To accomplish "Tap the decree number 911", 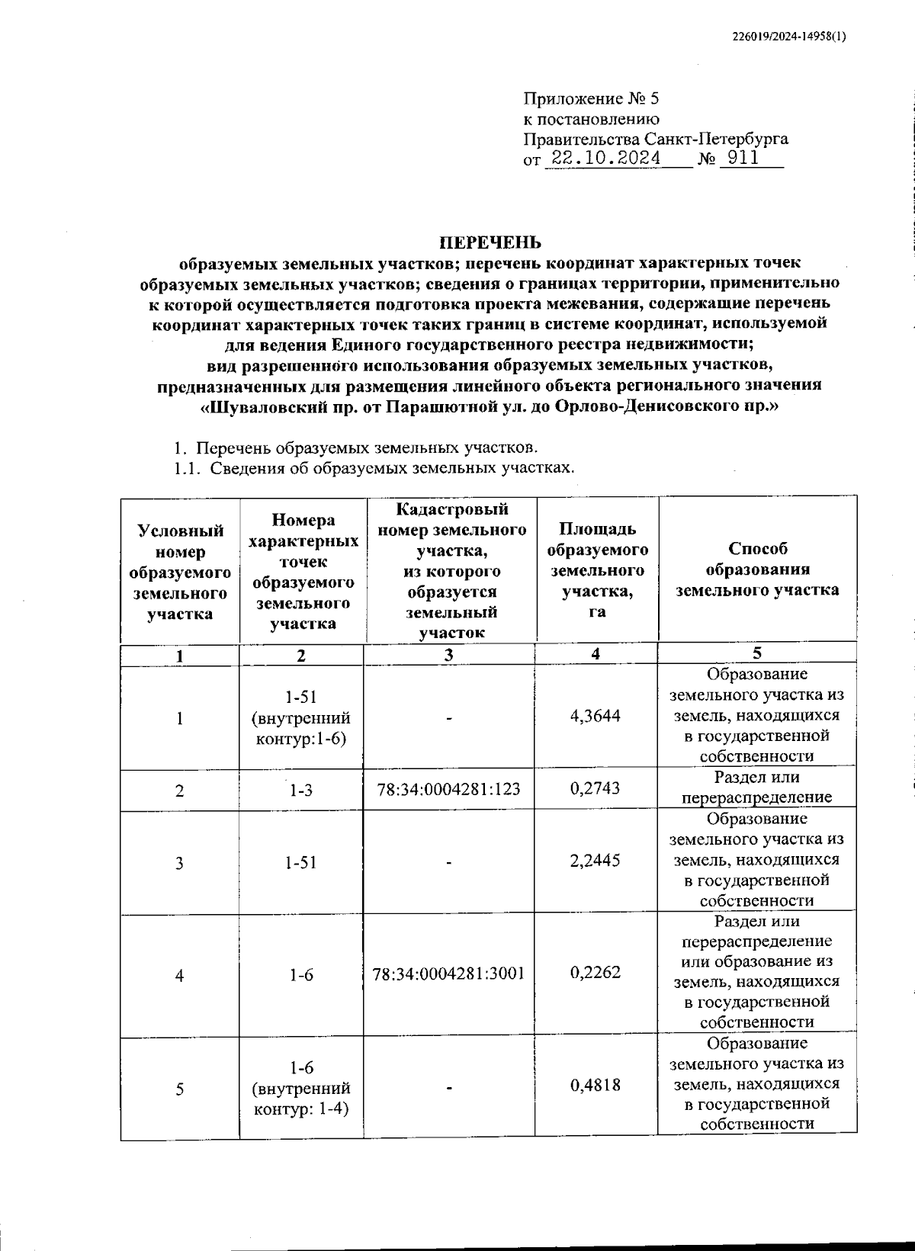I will pos(743,159).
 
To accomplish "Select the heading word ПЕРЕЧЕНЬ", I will pos(490,242).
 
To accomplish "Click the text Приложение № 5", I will pos(590,99).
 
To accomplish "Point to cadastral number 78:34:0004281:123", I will pos(449,789).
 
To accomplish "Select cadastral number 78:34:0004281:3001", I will pos(449,974).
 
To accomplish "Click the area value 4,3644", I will pos(596,716).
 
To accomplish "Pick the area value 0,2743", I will pos(596,788).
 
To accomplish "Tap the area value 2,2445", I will pos(596,861).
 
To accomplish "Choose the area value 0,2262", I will pos(596,973).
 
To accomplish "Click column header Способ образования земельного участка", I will pos(757,569).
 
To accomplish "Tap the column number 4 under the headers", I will pos(596,653).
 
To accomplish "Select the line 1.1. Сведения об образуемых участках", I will pos(374,467).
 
